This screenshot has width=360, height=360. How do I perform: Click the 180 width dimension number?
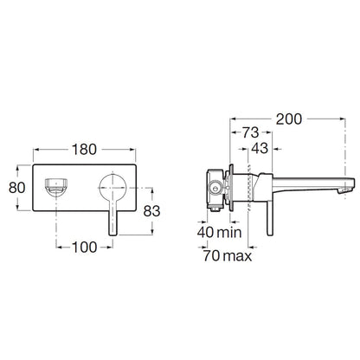coord(84,150)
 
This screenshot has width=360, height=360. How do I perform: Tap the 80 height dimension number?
coord(17,188)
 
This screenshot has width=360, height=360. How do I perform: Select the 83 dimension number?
coord(151,211)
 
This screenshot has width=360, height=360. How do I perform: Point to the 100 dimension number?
coord(84,247)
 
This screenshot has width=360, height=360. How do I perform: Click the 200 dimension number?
coord(289,119)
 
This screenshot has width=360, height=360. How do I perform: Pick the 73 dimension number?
coord(250,132)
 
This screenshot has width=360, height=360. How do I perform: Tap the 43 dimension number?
coord(260,149)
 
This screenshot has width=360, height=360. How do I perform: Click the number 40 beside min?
coord(206,232)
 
